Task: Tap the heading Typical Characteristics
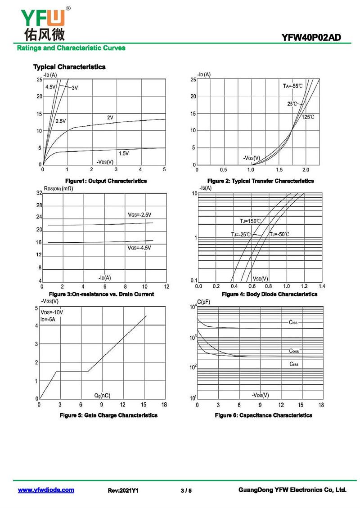pos(69,67)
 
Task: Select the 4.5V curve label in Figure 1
pos(50,87)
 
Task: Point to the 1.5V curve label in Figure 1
pos(123,153)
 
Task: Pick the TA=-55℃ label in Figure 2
pos(292,86)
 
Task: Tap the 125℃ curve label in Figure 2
pos(308,117)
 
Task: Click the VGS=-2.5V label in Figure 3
pos(139,214)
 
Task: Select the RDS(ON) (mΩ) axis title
pos(58,188)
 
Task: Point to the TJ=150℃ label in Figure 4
pos(250,221)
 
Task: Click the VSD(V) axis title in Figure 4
pos(260,279)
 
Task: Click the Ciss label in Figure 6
pos(293,322)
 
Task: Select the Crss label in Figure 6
pos(293,364)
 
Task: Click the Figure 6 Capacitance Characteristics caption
pos(263,415)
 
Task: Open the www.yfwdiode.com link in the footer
pos(46,490)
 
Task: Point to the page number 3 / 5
pos(186,490)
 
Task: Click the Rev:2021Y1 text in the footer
pos(123,490)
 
